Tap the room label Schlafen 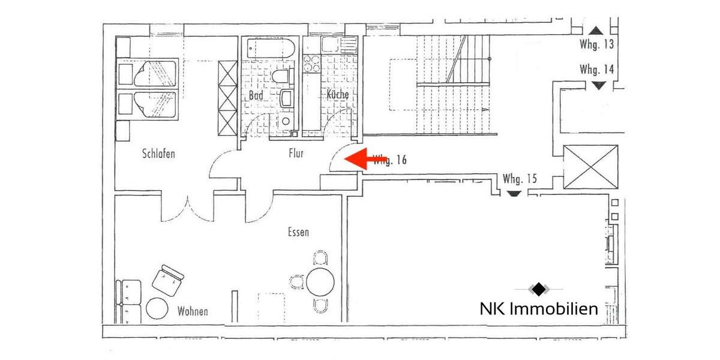(158, 154)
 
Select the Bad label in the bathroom (255, 95)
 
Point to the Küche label (337, 95)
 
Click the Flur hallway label (296, 154)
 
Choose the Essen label (298, 232)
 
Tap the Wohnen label (193, 311)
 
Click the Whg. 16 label (391, 160)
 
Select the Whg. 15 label (520, 179)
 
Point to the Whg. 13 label (596, 44)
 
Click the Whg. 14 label (597, 70)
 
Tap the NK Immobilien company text (539, 309)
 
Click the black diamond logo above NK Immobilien (539, 289)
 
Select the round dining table (320, 280)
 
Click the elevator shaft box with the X (590, 166)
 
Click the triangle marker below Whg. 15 (512, 194)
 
